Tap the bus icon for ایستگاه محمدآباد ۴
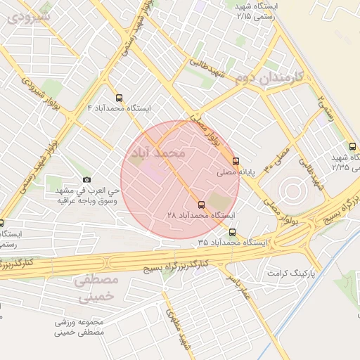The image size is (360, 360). pyautogui.click(x=118, y=98)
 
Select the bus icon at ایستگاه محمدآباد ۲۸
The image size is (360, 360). pyautogui.click(x=202, y=205)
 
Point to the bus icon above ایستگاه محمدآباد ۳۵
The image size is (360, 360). pyautogui.click(x=233, y=232)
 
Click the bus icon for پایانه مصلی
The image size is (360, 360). pyautogui.click(x=236, y=160)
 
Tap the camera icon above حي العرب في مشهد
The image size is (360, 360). pyautogui.click(x=86, y=180)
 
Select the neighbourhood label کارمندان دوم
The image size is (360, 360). pyautogui.click(x=281, y=77)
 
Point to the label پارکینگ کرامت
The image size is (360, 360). pyautogui.click(x=292, y=271)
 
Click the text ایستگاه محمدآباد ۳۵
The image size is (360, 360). pyautogui.click(x=232, y=243)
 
